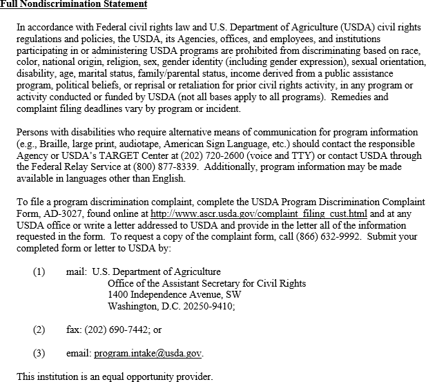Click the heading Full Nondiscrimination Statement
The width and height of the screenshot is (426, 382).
point(73,5)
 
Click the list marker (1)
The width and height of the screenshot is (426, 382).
point(39,272)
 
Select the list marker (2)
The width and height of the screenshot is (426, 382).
point(39,330)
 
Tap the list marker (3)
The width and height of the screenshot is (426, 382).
point(39,354)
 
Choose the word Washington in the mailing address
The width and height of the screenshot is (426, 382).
point(133,306)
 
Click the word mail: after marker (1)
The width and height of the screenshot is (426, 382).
point(76,272)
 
